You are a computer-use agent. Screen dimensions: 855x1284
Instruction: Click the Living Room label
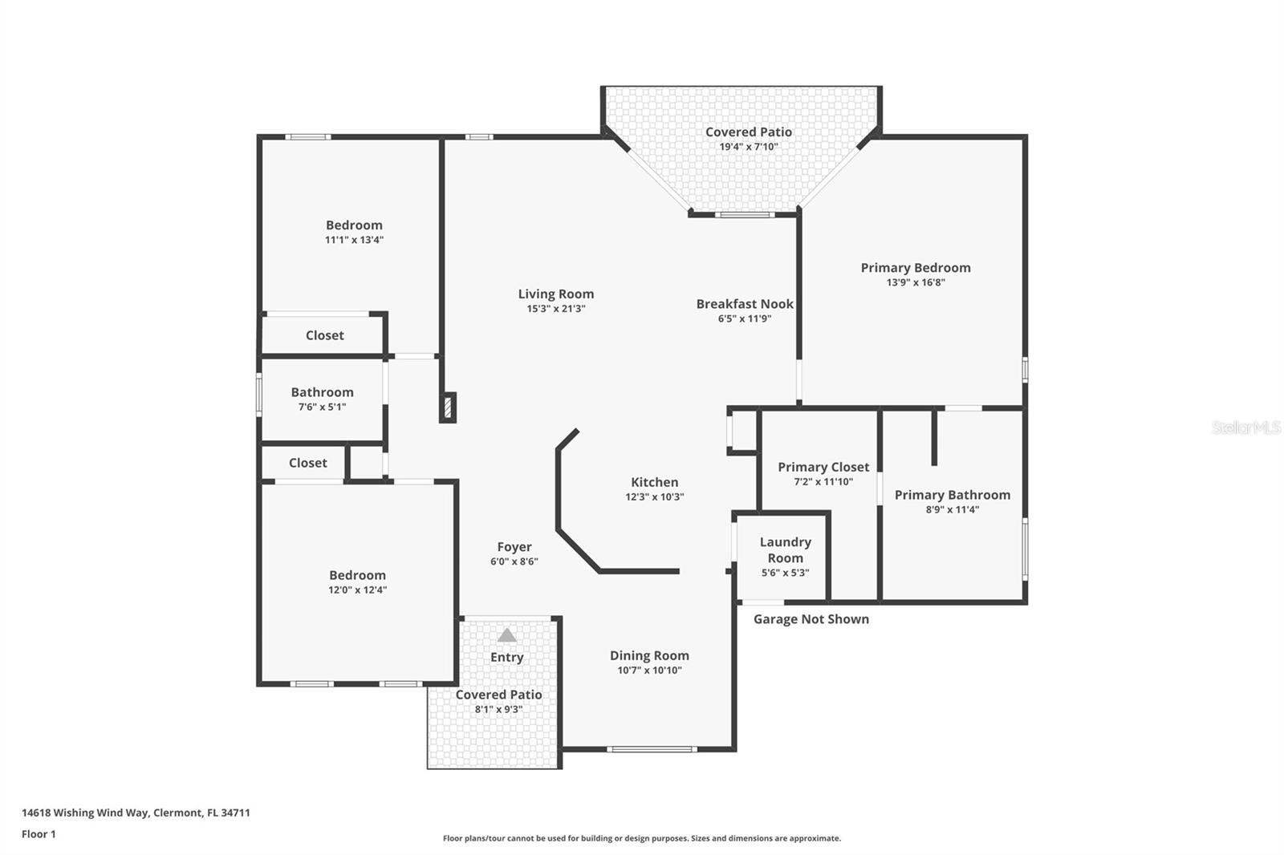point(555,294)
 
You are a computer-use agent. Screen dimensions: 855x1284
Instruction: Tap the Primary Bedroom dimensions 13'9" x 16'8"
point(915,282)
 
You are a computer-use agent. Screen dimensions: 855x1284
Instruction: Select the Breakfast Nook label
point(744,304)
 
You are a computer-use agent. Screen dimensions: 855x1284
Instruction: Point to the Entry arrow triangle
point(506,635)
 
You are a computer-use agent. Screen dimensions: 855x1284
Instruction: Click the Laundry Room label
point(785,550)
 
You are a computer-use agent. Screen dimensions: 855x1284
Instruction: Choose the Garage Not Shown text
point(811,619)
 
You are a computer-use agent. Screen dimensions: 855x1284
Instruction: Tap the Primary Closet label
point(823,467)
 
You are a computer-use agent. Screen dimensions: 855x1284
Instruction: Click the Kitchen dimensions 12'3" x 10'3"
point(654,497)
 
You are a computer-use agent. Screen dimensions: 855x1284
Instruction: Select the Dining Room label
point(648,655)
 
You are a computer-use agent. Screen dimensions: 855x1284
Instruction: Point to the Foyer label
point(514,547)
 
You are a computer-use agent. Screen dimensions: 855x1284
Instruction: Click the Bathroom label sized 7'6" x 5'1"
point(322,392)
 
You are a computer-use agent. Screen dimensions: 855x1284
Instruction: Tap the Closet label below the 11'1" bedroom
point(324,335)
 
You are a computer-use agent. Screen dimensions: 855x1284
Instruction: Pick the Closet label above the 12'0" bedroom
point(307,463)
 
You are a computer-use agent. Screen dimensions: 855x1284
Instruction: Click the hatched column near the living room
point(448,407)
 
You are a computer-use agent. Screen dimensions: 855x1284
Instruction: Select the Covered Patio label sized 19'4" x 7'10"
point(748,132)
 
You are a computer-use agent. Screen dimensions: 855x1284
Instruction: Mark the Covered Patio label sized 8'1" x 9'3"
point(498,695)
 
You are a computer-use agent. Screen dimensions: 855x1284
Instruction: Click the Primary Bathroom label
point(952,495)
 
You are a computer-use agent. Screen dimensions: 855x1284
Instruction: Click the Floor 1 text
point(39,834)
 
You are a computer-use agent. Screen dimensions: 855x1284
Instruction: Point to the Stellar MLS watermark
point(1245,427)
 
